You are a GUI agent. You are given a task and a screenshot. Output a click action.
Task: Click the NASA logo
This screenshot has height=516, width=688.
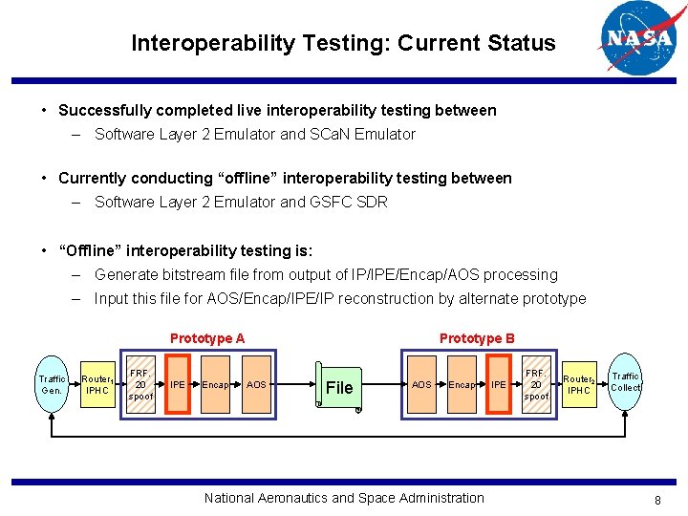[x=636, y=38]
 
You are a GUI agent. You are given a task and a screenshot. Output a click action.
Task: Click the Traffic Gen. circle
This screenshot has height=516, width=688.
[x=52, y=384]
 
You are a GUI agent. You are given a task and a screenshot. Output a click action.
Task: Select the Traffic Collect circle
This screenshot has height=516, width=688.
[x=625, y=382]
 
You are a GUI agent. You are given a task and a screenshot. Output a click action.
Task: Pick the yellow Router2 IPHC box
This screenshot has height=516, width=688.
[x=579, y=384]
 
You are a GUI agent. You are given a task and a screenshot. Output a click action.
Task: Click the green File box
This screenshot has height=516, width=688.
[x=339, y=387]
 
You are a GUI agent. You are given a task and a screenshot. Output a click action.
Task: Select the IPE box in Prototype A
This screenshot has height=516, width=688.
[x=178, y=384]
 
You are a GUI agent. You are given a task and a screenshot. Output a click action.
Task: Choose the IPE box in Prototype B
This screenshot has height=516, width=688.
[x=498, y=384]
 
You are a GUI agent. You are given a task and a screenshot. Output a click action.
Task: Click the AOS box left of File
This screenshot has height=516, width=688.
[x=256, y=384]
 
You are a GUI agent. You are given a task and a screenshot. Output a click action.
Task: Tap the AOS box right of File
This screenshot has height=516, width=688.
[x=420, y=384]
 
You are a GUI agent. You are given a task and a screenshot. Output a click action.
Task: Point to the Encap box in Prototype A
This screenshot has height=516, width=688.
[x=215, y=384]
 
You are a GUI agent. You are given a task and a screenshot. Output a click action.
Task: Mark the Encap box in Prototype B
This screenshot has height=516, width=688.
[x=461, y=384]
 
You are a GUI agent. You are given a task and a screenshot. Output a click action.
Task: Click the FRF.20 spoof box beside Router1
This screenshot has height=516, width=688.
[x=140, y=384]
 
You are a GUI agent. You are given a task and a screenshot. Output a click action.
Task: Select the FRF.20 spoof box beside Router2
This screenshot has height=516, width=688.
[x=537, y=384]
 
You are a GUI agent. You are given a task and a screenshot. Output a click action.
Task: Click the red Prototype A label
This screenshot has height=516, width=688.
[x=207, y=338]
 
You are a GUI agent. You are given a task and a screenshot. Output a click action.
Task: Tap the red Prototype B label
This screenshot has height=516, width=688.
[x=477, y=338]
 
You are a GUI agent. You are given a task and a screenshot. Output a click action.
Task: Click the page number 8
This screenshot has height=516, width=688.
[x=657, y=500]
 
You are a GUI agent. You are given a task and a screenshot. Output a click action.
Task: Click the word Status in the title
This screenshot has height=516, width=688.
[x=522, y=43]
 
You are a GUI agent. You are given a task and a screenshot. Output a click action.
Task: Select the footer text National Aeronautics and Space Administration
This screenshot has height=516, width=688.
[x=344, y=498]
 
